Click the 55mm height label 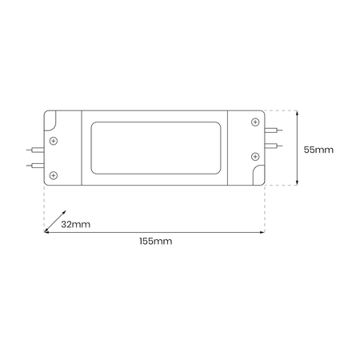(x=319, y=149)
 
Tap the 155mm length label (x=155, y=240)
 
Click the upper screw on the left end (x=54, y=142)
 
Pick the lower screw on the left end (x=54, y=174)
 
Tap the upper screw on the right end (x=254, y=122)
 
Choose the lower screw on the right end (x=254, y=155)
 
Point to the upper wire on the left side (x=34, y=150)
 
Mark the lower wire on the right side (x=273, y=146)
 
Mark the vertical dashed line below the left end (x=44, y=208)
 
